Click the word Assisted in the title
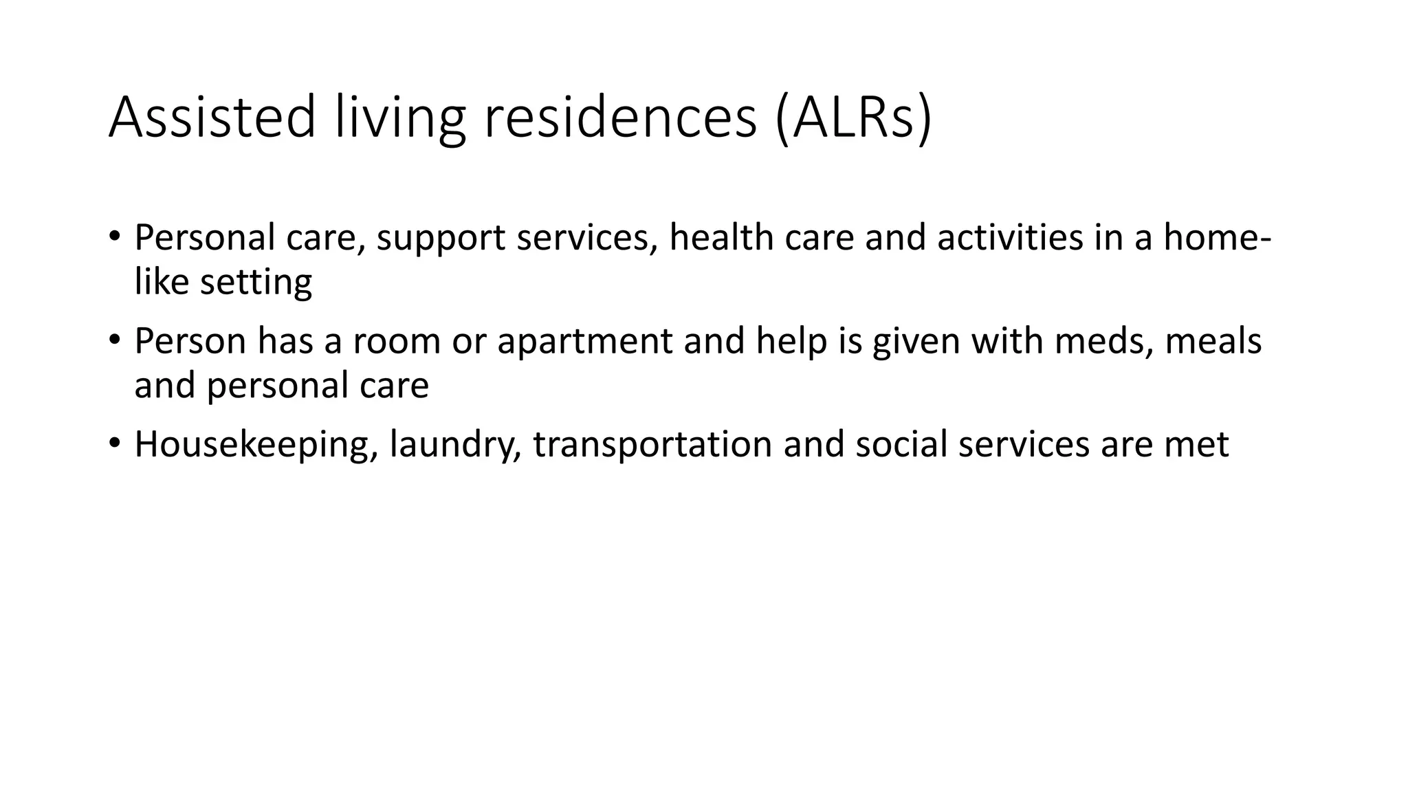pos(212,118)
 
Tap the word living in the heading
pos(400,118)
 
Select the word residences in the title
pos(620,118)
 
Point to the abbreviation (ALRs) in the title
pos(853,118)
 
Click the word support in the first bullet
pos(441,238)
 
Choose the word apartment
pos(584,342)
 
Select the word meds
pos(1104,341)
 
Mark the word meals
pos(1213,341)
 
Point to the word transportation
pos(652,445)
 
